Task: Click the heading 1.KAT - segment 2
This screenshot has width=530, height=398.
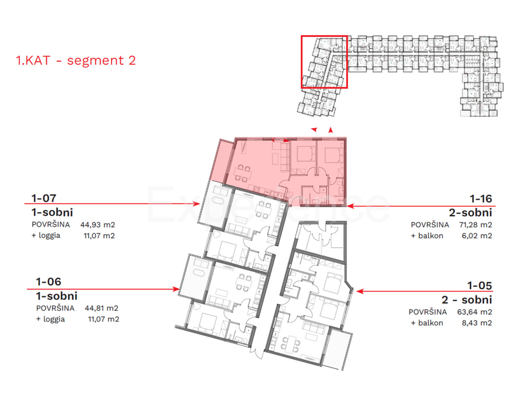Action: pos(76,60)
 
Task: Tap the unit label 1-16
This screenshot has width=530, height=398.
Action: pos(481,199)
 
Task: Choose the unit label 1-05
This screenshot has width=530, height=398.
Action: pos(481,285)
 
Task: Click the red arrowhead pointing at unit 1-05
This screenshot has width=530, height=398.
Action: pos(359,292)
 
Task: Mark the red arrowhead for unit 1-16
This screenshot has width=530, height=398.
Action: pos(349,206)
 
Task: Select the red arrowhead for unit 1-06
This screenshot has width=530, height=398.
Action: pos(176,289)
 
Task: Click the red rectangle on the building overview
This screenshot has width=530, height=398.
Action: pos(324,62)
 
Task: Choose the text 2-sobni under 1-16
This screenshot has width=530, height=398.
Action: pos(473,213)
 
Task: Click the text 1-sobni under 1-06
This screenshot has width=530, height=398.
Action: pos(57,295)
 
